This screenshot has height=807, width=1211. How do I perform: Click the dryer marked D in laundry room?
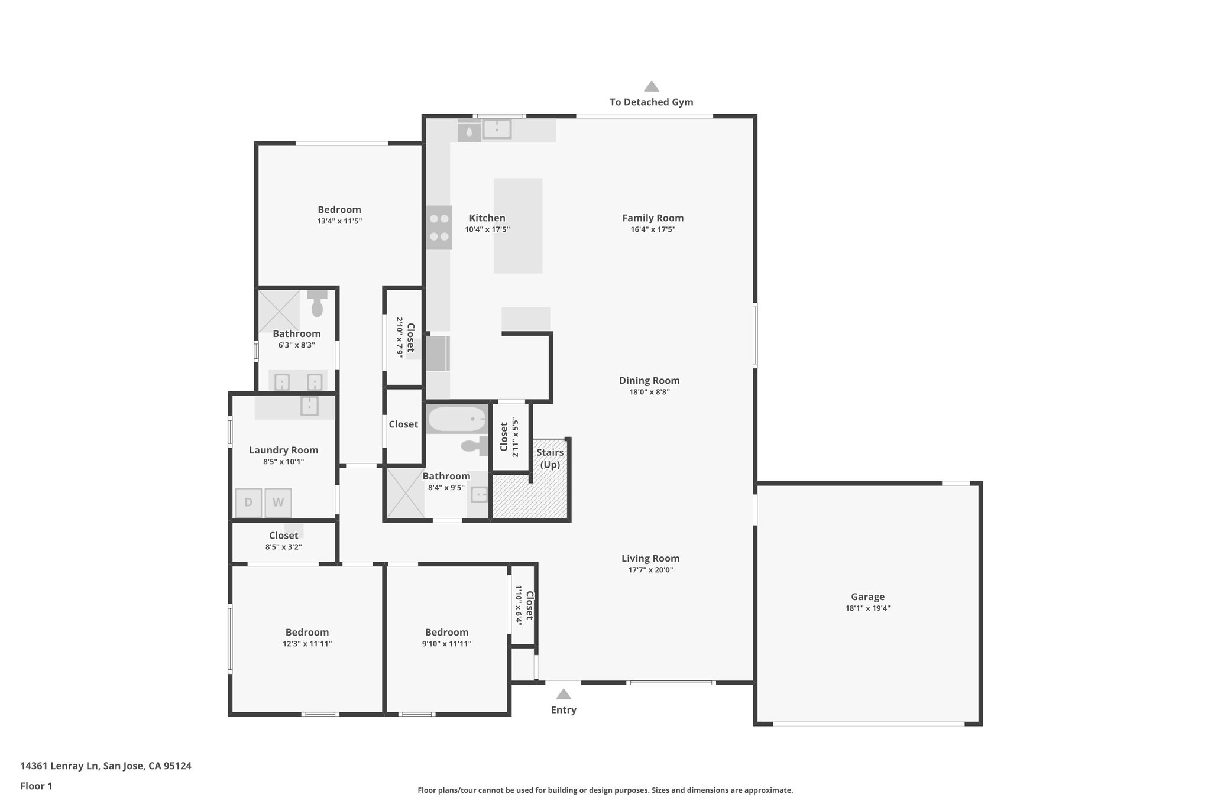248,503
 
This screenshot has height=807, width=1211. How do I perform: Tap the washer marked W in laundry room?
278,503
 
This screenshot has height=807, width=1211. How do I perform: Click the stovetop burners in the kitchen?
439,228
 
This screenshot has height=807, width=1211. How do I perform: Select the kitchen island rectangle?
518,226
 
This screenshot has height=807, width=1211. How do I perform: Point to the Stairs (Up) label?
550,458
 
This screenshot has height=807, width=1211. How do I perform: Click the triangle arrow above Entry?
564,694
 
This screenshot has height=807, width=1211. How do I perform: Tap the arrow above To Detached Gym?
652,86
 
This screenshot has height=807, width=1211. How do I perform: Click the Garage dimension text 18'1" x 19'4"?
867,608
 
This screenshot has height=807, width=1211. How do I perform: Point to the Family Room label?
653,218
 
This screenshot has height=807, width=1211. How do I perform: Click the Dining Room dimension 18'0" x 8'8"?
649,392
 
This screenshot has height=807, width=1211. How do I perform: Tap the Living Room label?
650,558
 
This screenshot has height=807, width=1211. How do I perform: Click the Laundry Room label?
283,451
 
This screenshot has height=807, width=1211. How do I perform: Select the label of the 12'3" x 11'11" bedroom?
307,632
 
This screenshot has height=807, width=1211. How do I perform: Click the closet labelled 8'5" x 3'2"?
283,541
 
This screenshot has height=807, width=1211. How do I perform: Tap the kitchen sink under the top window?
497,128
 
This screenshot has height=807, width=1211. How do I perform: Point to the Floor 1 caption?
36,786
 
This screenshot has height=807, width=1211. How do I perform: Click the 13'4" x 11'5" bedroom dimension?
339,221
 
